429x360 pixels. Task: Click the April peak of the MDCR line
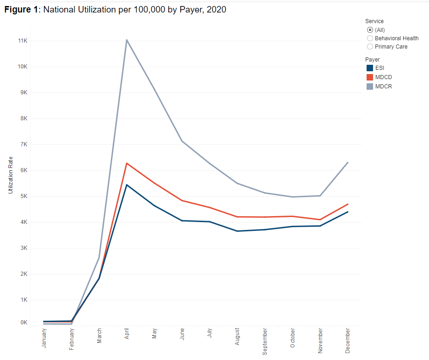[x=127, y=40]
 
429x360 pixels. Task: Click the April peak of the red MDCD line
[x=127, y=163]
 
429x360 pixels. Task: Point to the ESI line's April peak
[x=127, y=185]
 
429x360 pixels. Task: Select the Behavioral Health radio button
[x=370, y=38]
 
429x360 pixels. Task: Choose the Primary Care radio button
[x=370, y=47]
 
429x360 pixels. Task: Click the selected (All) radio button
[x=370, y=30]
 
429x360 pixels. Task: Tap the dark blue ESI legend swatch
[x=369, y=68]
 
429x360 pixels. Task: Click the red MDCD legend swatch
[x=369, y=77]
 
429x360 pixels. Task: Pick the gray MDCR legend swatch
[x=369, y=87]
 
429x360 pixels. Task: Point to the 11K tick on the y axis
[x=23, y=41]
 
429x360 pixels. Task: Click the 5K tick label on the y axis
[x=24, y=196]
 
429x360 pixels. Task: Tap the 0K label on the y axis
[x=24, y=323]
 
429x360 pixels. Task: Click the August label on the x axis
[x=237, y=336]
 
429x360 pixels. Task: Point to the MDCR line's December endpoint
[x=348, y=162]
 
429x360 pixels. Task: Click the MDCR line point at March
[x=99, y=257]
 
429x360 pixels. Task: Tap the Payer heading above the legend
[x=372, y=60]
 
